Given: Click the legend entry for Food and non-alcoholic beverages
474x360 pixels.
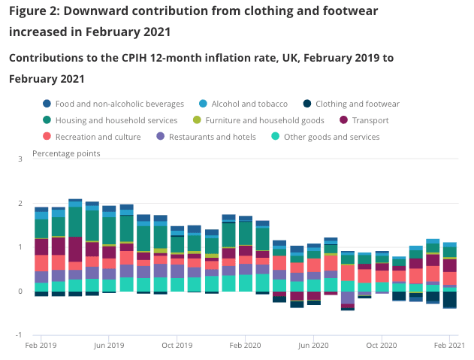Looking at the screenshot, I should tap(114, 104).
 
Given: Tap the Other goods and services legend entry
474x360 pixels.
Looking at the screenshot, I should tap(331, 137).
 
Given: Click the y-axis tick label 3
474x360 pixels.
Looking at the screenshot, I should tap(20, 159).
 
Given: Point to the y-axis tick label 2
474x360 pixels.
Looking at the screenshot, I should tap(20, 204).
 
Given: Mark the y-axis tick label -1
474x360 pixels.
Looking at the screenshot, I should tap(19, 335).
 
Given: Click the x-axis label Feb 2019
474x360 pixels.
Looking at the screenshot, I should tap(41, 346).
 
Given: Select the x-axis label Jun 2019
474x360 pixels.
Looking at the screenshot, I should tap(109, 346).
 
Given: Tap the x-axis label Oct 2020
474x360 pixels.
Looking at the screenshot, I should tap(382, 346).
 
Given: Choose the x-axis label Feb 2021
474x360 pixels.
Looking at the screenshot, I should tap(449, 346).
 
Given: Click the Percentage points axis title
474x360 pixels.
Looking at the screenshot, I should tap(66, 154).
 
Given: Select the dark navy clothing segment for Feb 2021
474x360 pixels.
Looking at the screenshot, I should tap(450, 299).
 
